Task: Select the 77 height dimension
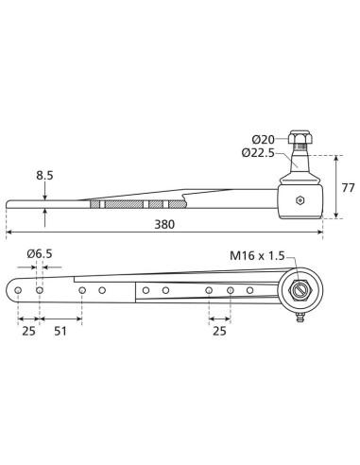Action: pyautogui.click(x=346, y=186)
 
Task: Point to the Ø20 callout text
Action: pyautogui.click(x=262, y=139)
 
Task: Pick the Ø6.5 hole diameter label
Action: pyautogui.click(x=40, y=252)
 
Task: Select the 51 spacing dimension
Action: pyautogui.click(x=60, y=332)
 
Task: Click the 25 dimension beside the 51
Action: pyautogui.click(x=28, y=332)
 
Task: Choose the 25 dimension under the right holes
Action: pyautogui.click(x=219, y=332)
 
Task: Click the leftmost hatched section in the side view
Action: pyautogui.click(x=97, y=203)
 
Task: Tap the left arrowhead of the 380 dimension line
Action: pyautogui.click(x=9, y=232)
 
